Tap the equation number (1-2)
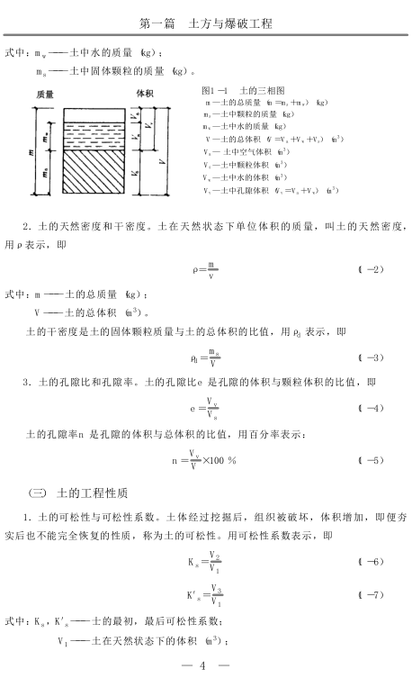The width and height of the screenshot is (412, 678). [x=371, y=269]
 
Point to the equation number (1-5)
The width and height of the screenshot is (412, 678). [x=371, y=460]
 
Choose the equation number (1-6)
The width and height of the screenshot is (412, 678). [x=371, y=562]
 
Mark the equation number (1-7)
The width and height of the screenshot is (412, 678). [x=371, y=595]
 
